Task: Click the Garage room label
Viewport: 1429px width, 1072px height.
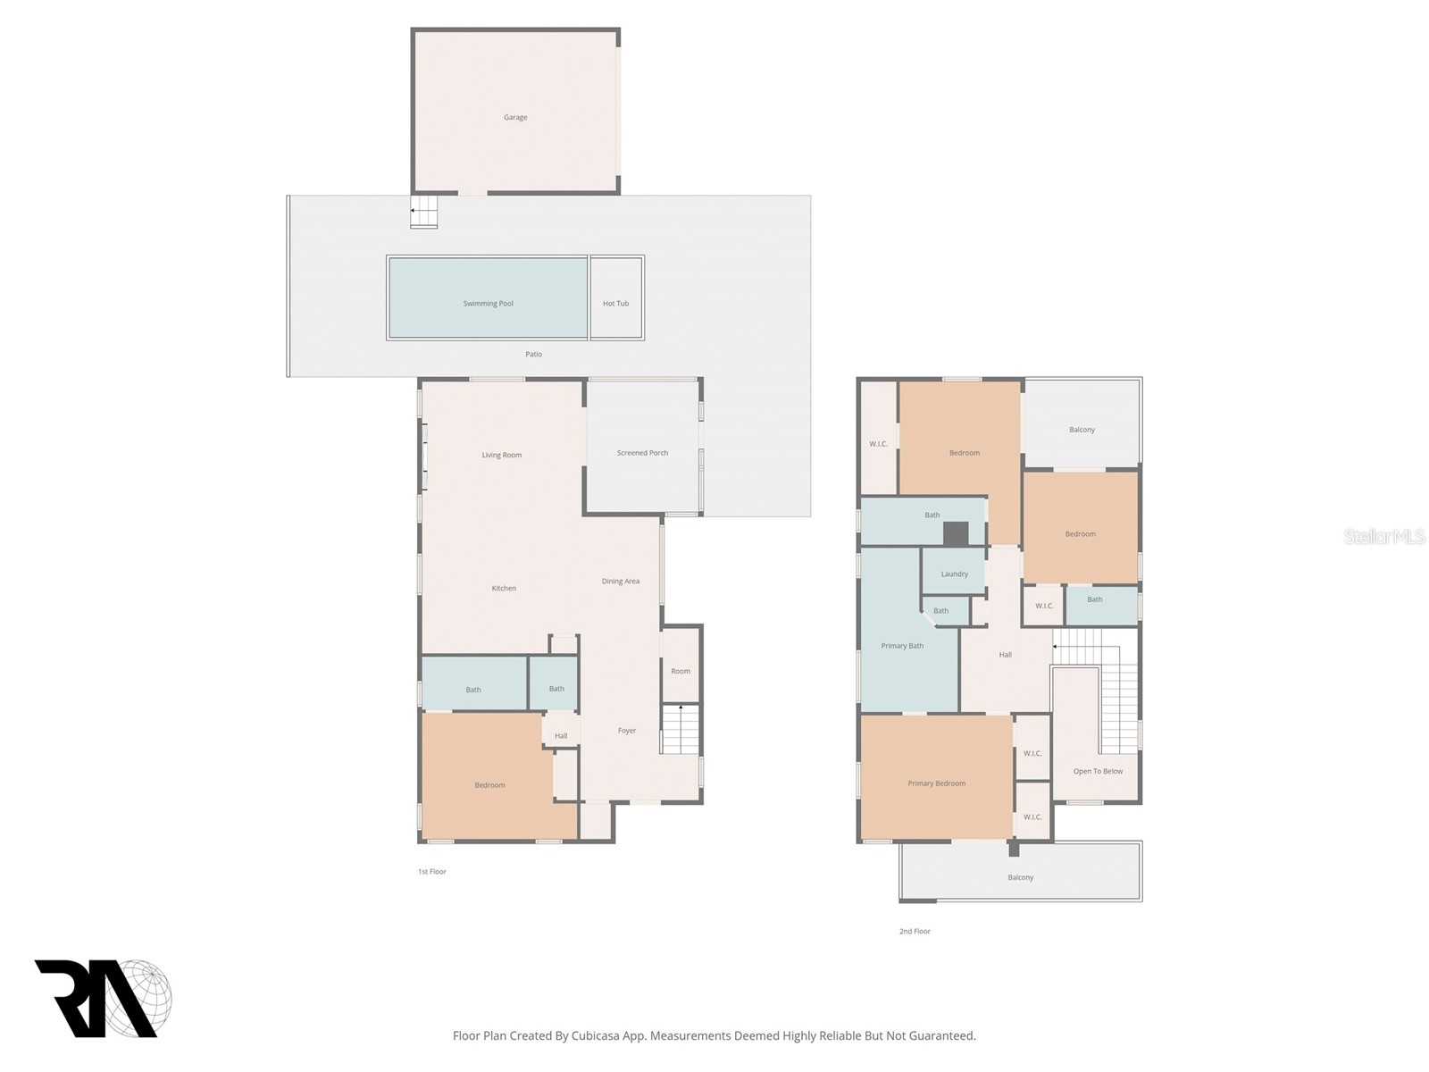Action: pos(515,117)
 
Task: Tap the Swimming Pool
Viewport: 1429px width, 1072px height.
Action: pos(488,304)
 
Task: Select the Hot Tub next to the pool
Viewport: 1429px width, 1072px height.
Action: pos(615,304)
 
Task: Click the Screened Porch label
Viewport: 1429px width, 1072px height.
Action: pos(642,453)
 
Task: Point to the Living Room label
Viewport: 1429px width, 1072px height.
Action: pos(501,455)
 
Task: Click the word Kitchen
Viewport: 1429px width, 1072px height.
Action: pos(504,588)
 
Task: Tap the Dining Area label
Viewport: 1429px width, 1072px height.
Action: pos(620,582)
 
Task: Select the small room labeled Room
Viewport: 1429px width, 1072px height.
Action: pos(681,671)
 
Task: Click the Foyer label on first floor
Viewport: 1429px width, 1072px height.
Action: pos(627,731)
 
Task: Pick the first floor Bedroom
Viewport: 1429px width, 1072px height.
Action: pos(489,785)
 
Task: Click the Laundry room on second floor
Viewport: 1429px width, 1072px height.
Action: pos(954,574)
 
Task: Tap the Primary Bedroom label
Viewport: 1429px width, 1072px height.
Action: pos(936,783)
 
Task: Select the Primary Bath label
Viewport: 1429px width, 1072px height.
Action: pos(902,646)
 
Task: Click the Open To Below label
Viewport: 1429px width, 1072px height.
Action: pos(1098,771)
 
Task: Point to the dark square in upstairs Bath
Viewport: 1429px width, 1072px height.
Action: pos(956,534)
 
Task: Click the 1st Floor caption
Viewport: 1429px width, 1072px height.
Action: pos(431,871)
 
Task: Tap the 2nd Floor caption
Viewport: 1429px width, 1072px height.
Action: pos(915,931)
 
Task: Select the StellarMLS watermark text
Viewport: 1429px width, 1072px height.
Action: pos(1383,537)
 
